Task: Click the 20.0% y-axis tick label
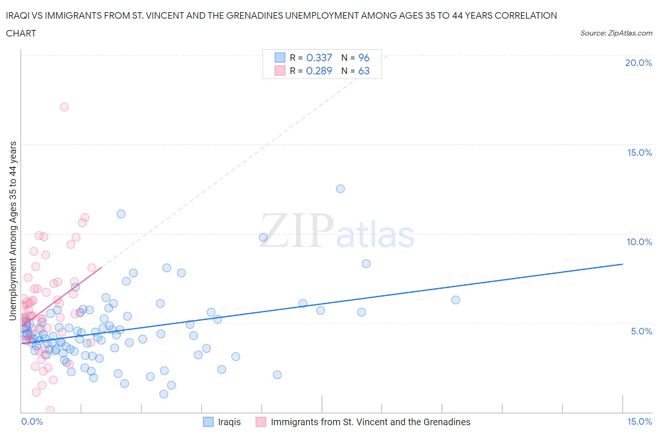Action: (x=638, y=63)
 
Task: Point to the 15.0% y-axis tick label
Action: (x=639, y=152)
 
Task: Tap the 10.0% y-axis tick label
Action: (x=639, y=242)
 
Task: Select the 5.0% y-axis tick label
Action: (x=641, y=331)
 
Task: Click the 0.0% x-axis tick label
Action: (x=32, y=421)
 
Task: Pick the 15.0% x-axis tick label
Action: (x=639, y=421)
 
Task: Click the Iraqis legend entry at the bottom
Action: (x=229, y=422)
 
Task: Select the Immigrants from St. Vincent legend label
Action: (x=370, y=422)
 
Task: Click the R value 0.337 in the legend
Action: (x=319, y=58)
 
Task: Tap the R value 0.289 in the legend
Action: (x=319, y=71)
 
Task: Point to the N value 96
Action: (x=364, y=58)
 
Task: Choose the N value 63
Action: (x=364, y=71)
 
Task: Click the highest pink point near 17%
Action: (x=64, y=107)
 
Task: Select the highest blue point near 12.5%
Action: (x=340, y=189)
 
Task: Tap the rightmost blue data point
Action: (x=455, y=300)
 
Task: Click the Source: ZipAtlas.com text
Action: (x=616, y=33)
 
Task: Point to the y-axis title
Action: (x=13, y=231)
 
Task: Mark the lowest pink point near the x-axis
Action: (x=50, y=410)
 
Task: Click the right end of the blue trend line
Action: (x=622, y=264)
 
